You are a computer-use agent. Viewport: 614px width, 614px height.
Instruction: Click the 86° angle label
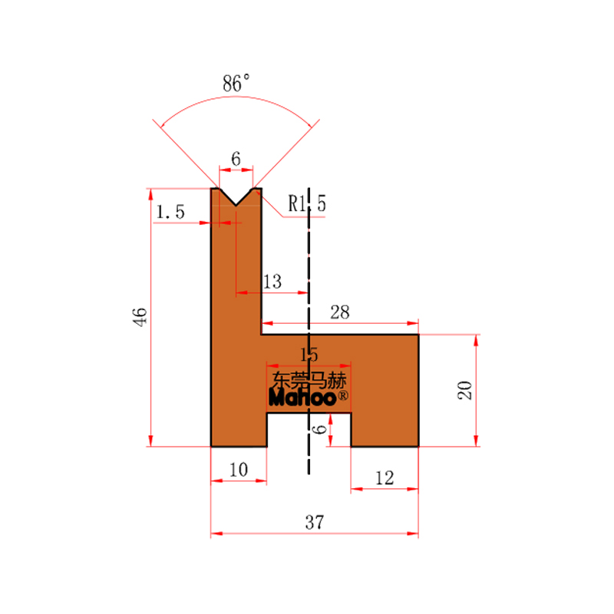(x=236, y=83)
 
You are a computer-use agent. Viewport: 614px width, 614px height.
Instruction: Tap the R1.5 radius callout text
(x=306, y=203)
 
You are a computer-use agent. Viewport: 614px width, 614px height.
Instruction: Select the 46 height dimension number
(x=140, y=317)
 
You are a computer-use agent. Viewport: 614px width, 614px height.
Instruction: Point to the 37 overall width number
(x=315, y=523)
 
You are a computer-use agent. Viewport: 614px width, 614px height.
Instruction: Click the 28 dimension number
(x=339, y=312)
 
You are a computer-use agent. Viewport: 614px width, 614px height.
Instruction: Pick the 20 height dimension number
(x=465, y=390)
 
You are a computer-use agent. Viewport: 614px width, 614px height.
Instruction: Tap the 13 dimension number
(x=272, y=282)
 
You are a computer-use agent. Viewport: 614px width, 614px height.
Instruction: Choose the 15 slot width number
(x=309, y=355)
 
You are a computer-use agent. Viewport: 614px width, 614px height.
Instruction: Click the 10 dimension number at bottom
(x=239, y=470)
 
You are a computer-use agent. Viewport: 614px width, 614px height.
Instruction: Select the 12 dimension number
(x=385, y=478)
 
